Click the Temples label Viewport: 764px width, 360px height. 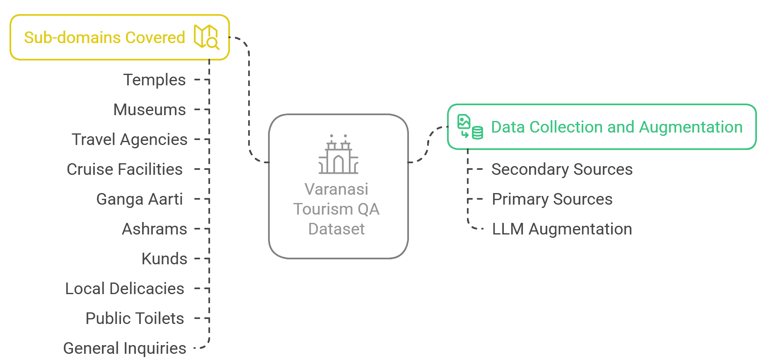[154, 80]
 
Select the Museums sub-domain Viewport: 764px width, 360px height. [150, 110]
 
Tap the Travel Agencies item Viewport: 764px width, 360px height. [129, 140]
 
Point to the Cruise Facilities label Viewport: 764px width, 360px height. [125, 169]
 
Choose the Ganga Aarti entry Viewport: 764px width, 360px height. [139, 199]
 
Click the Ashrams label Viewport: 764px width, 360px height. [154, 229]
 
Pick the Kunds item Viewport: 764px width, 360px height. [164, 259]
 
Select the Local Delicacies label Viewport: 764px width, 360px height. [124, 289]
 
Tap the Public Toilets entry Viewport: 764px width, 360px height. [135, 319]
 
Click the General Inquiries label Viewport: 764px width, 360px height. [124, 348]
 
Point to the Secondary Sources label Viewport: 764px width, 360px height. [562, 169]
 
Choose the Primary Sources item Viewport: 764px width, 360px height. [552, 199]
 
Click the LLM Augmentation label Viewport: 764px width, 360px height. [562, 229]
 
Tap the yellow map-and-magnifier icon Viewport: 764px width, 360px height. [206, 37]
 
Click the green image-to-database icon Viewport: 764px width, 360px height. [470, 127]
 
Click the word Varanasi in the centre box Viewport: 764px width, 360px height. [336, 189]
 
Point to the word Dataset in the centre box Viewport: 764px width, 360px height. [336, 229]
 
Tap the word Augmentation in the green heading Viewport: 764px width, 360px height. [691, 127]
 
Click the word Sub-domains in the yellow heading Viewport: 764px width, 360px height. [73, 38]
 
